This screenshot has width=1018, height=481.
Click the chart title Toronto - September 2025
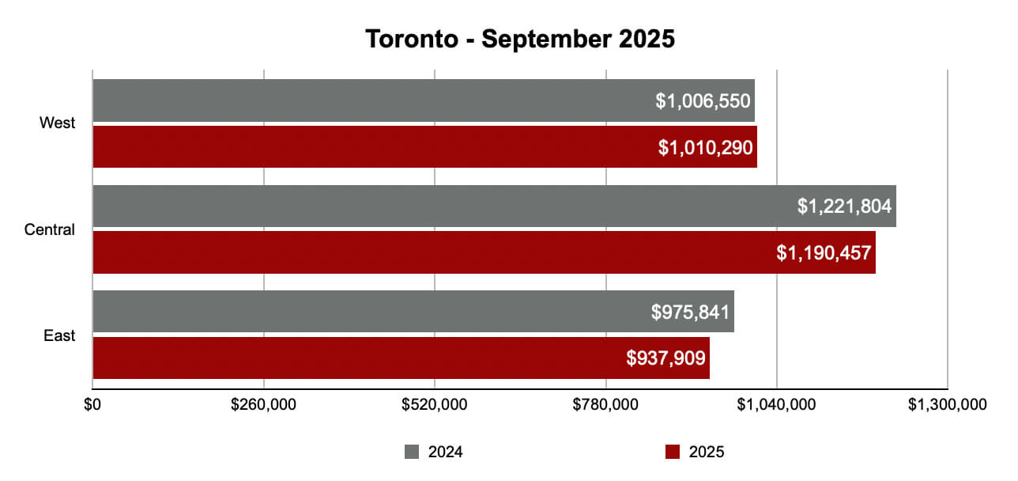(520, 39)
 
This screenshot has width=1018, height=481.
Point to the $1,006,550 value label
(703, 101)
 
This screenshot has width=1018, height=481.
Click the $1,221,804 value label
(844, 207)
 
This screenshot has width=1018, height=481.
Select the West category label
(58, 123)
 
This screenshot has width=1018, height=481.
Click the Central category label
(50, 230)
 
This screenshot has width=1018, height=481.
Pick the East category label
(59, 335)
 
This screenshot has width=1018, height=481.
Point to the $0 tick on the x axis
(92, 405)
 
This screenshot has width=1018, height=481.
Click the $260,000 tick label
(263, 405)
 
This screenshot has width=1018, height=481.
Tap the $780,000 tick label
(605, 405)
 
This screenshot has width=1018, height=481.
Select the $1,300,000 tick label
(947, 405)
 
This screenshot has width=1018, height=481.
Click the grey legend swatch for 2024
(412, 452)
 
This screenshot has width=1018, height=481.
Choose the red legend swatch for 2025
(673, 452)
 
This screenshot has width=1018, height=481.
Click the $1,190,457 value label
(824, 253)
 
